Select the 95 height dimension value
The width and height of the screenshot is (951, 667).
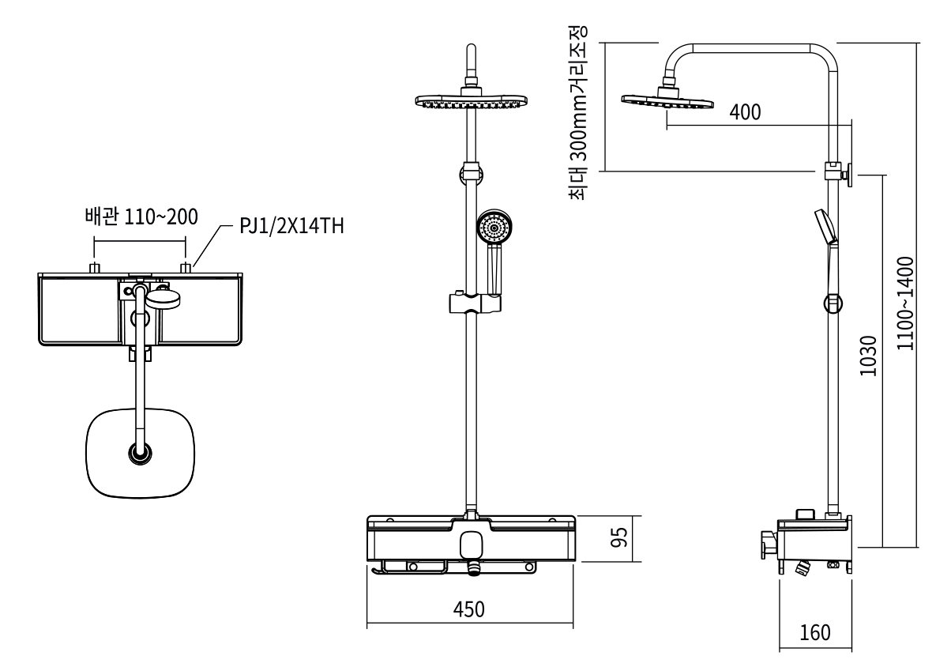coord(621,538)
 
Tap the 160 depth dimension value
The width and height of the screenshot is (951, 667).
coord(815,633)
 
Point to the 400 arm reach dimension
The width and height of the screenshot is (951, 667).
coord(745,112)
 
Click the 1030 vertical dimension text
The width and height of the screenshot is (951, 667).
coord(868,357)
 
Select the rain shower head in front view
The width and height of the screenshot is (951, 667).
coord(472,101)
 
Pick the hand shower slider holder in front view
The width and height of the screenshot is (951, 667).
coord(474,303)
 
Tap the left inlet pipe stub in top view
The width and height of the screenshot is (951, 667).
coord(95,269)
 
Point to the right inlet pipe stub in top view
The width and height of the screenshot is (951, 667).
coord(186,269)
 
